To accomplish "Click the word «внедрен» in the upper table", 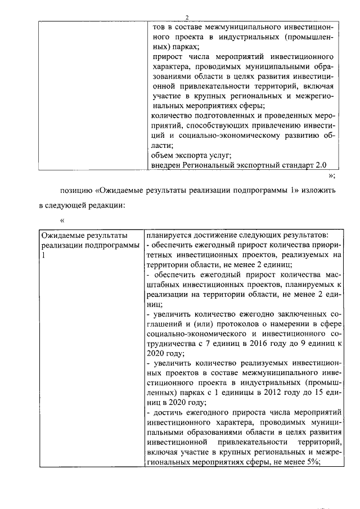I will [x=167, y=165].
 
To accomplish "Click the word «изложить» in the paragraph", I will [x=319, y=190].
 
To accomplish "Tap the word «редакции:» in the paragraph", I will [x=101, y=206].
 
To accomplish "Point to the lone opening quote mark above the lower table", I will [x=62, y=220].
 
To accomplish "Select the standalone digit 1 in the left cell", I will [x=43, y=255].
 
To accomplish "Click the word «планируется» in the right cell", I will [x=169, y=235].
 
